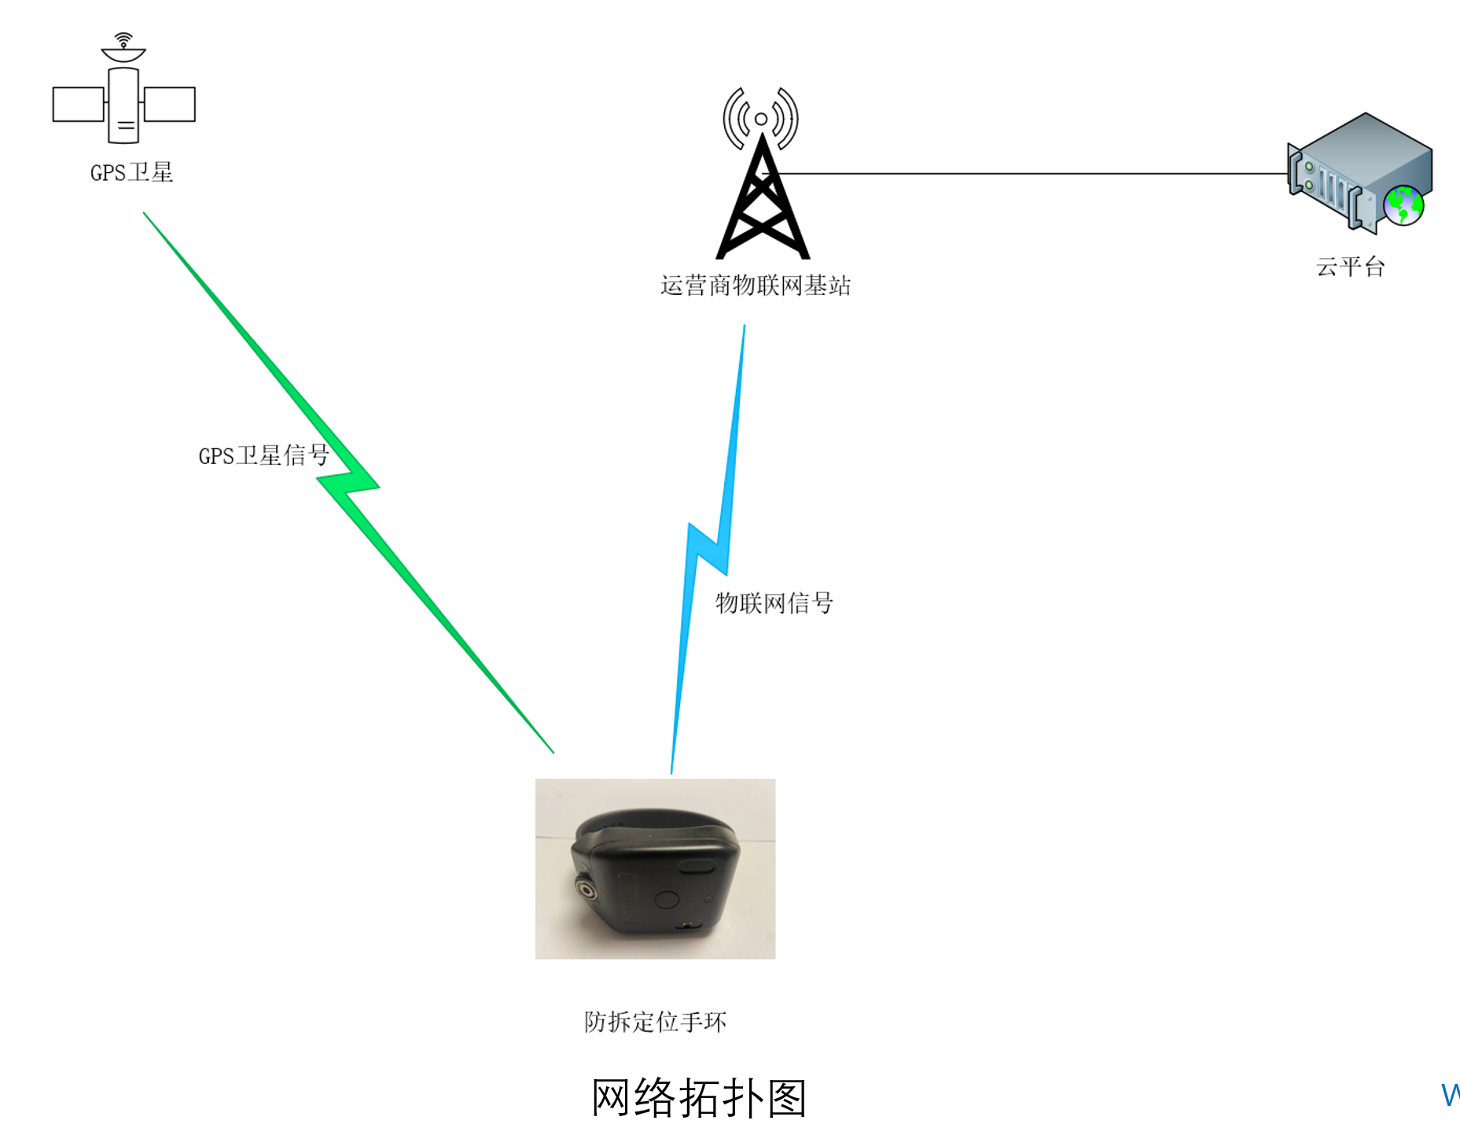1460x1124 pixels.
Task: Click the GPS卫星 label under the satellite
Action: (x=131, y=172)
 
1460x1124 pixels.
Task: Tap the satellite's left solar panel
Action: (x=79, y=104)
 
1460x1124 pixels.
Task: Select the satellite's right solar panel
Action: (x=169, y=104)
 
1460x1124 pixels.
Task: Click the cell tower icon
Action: (x=762, y=173)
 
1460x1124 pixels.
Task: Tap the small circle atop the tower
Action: (x=761, y=120)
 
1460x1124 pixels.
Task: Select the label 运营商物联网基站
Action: (x=756, y=285)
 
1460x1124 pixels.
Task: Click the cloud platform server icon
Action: (x=1360, y=172)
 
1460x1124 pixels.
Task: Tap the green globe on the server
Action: (x=1403, y=205)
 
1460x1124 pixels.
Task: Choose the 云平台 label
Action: (x=1351, y=267)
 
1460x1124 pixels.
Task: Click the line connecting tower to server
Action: (x=1025, y=173)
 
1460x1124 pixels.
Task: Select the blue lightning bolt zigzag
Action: (x=708, y=549)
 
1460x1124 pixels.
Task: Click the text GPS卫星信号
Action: (x=263, y=455)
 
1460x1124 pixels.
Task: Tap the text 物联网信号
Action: (x=774, y=603)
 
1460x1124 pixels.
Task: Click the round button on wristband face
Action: (x=667, y=900)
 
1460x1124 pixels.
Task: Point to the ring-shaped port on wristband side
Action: (x=586, y=890)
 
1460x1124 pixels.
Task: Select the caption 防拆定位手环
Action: (x=656, y=1022)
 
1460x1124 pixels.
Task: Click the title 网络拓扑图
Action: (x=699, y=1097)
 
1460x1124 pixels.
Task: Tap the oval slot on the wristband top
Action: (x=697, y=866)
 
